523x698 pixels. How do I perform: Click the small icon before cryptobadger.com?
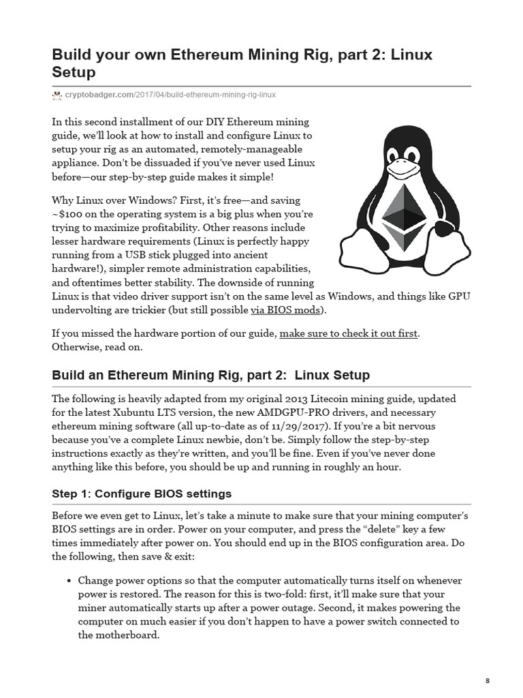point(57,95)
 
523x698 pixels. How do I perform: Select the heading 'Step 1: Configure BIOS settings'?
point(142,494)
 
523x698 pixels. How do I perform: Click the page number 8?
point(488,680)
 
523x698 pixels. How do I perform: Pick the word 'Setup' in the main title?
point(76,72)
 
